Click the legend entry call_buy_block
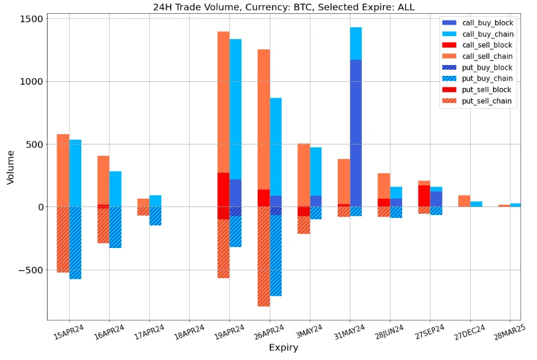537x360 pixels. (x=487, y=23)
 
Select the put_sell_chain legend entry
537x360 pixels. (x=487, y=101)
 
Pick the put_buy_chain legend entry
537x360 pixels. (x=487, y=79)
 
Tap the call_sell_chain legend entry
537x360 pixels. (x=487, y=57)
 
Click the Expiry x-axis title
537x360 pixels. (x=283, y=348)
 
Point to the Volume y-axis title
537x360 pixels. (x=10, y=167)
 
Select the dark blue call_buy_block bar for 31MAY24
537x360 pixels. (x=356, y=132)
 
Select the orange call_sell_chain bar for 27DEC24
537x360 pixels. (x=464, y=201)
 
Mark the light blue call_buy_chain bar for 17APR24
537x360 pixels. (x=155, y=201)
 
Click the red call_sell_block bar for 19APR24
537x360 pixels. (x=223, y=190)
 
